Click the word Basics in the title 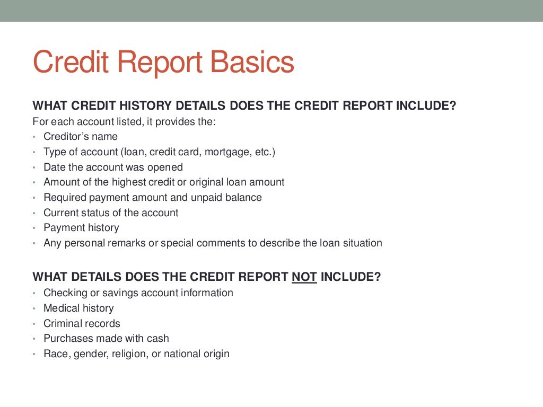(x=252, y=63)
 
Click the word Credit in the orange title (x=71, y=63)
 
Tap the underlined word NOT (x=304, y=277)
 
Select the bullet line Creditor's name (x=81, y=137)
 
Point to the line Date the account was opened (x=113, y=167)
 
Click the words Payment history (x=81, y=228)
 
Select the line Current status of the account (x=111, y=213)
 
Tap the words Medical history (x=78, y=308)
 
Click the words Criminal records (x=82, y=324)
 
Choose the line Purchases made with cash (x=106, y=339)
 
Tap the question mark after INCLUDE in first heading (x=452, y=105)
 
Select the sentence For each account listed (x=124, y=122)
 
